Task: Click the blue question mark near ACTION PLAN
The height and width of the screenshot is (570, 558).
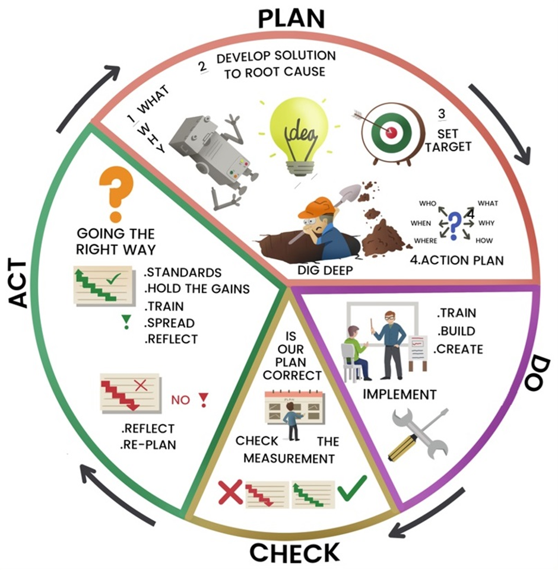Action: pyautogui.click(x=454, y=224)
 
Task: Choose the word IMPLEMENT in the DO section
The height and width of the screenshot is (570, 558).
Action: pyautogui.click(x=400, y=394)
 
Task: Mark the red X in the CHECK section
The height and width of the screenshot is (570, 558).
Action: pyautogui.click(x=230, y=491)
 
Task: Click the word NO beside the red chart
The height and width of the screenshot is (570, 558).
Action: pyautogui.click(x=181, y=399)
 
